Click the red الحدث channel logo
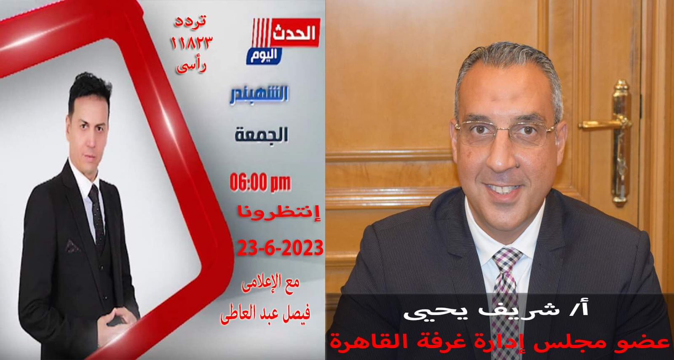click(286, 32)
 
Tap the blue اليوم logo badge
click(264, 56)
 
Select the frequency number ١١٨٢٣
click(192, 43)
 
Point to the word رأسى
click(191, 65)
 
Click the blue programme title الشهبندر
click(259, 95)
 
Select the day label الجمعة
click(261, 135)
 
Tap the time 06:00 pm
click(260, 183)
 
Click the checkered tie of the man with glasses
click(507, 301)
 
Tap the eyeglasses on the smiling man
click(506, 133)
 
